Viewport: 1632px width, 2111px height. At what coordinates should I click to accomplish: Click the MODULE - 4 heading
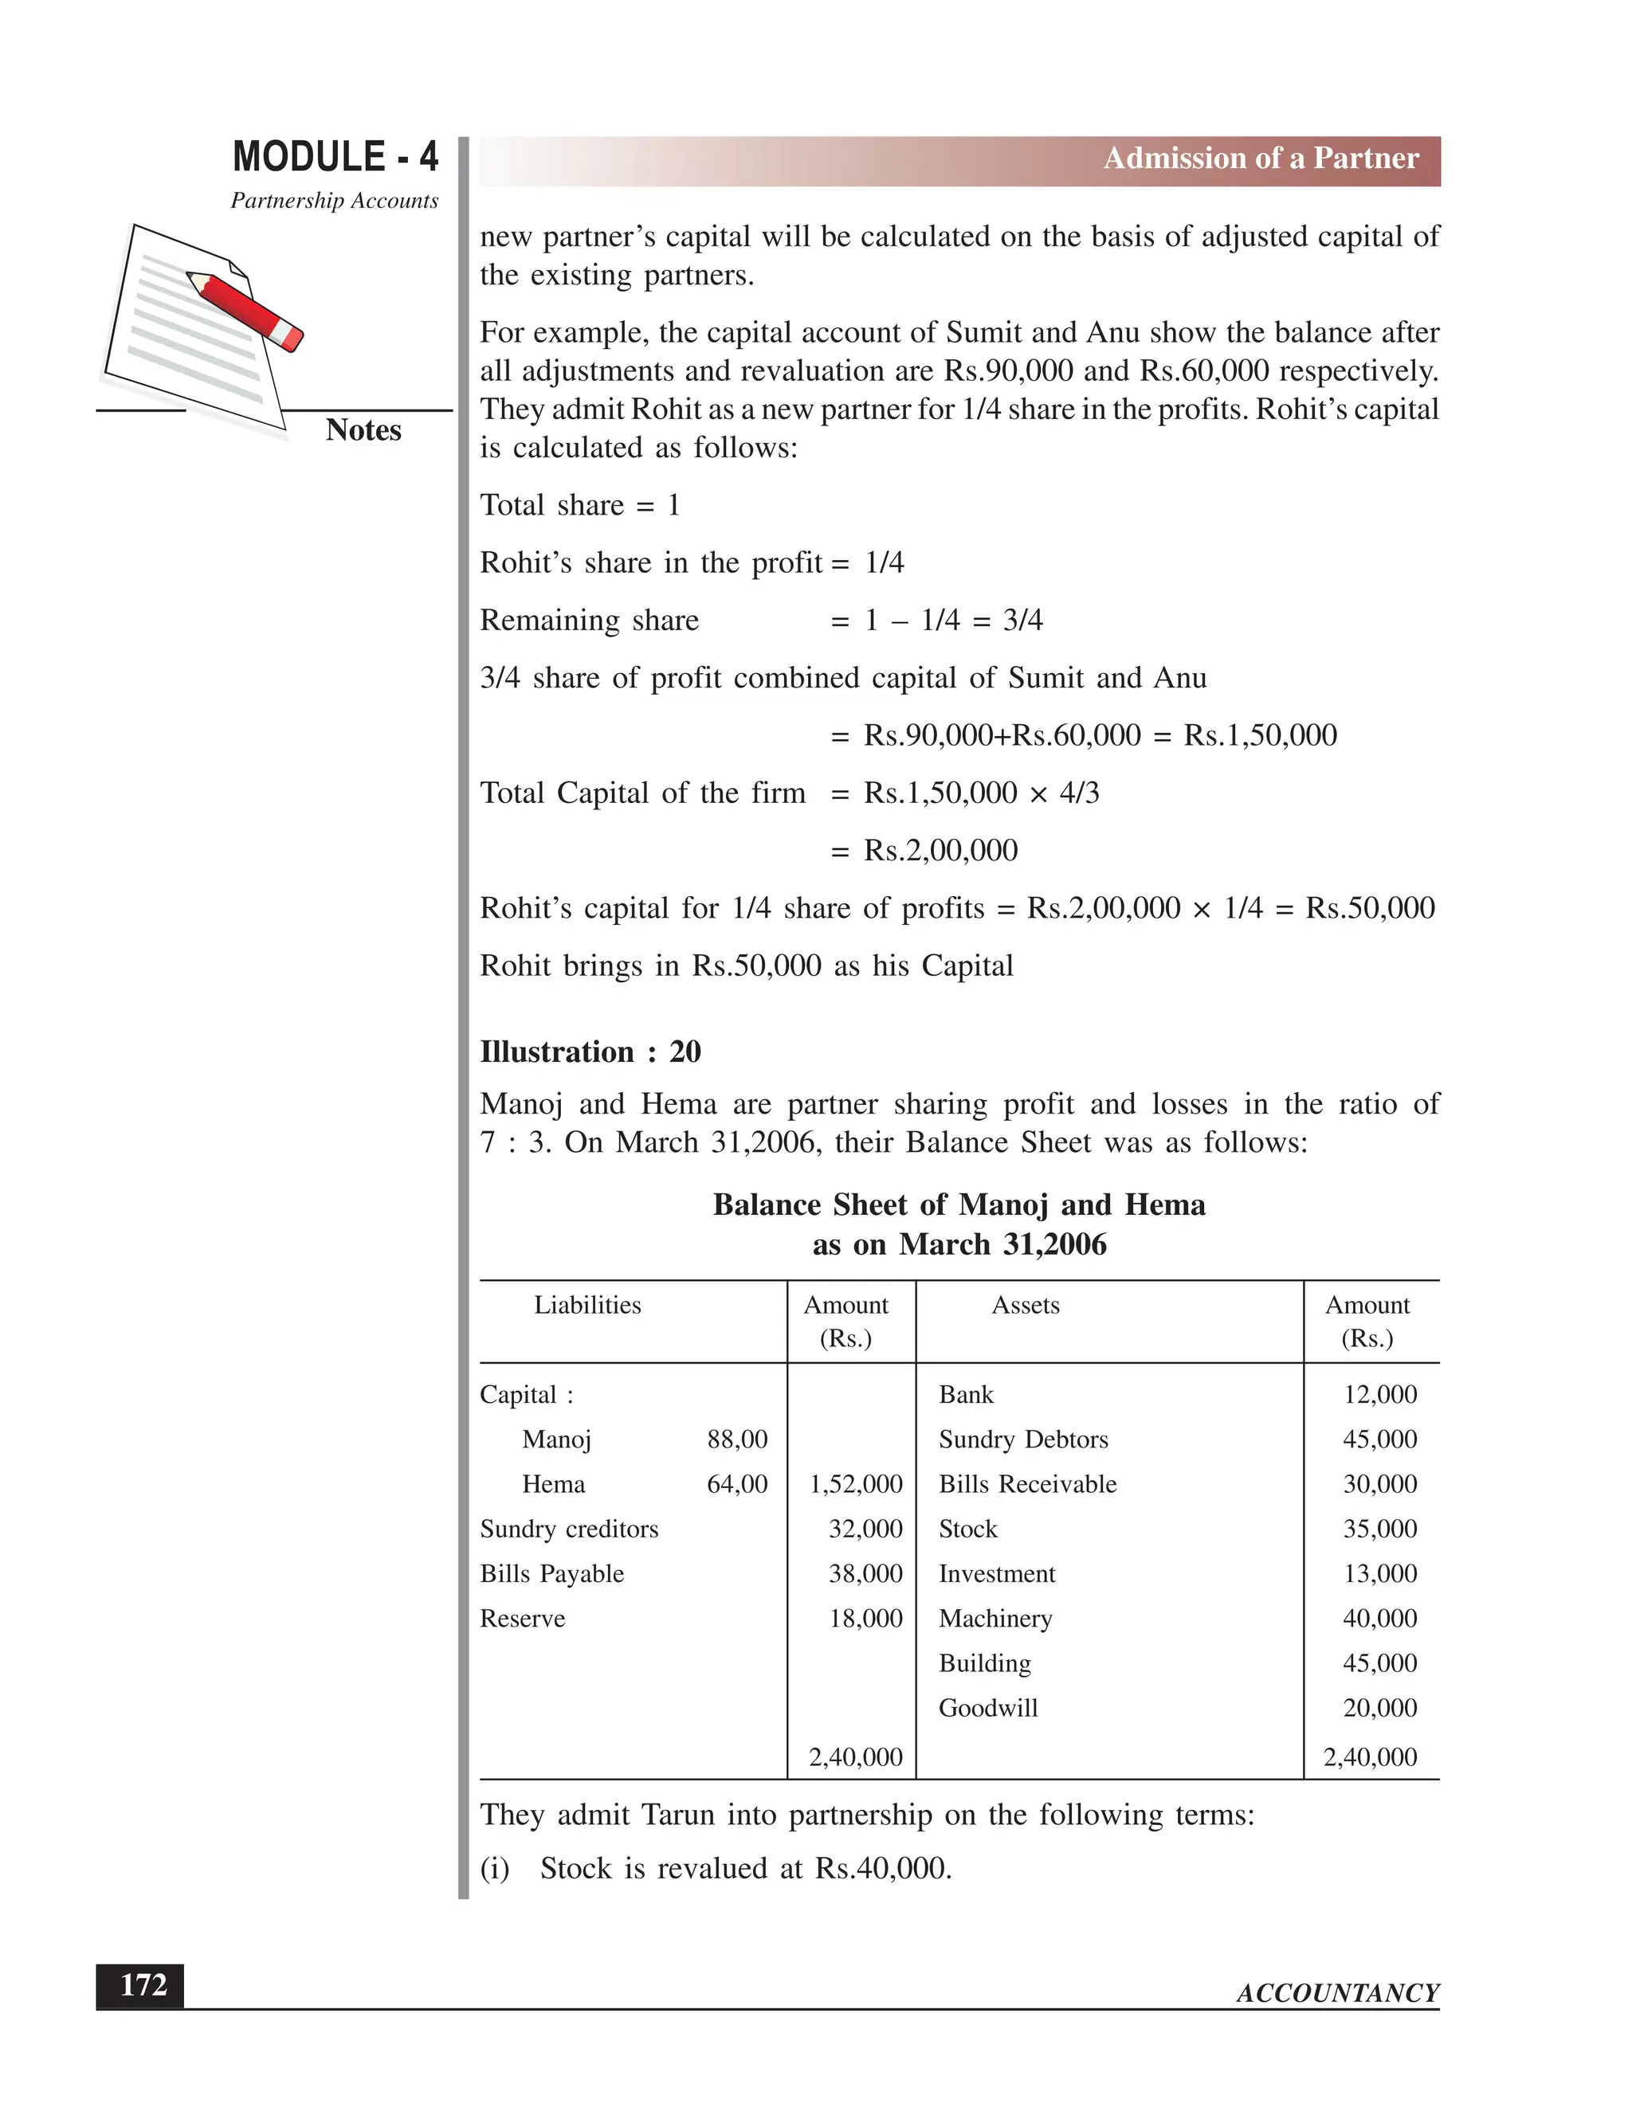335,157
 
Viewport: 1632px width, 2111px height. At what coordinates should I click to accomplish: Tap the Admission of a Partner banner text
1261,159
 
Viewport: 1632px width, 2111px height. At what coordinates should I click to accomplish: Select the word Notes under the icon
363,430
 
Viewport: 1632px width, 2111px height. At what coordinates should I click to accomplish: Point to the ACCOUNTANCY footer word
1337,1993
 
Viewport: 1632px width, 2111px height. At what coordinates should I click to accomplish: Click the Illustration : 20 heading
590,1052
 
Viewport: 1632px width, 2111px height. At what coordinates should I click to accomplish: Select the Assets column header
1025,1305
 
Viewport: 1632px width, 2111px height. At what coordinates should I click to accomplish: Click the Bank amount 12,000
1379,1394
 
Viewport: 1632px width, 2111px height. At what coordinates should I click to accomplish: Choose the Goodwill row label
987,1708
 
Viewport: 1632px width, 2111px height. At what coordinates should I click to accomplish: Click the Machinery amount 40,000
1379,1618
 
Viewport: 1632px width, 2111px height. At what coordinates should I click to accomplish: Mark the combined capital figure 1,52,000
856,1484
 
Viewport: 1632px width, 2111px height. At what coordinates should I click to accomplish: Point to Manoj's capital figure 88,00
737,1439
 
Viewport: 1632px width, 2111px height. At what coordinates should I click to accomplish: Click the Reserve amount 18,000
865,1618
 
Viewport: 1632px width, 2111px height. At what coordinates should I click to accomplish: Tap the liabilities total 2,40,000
856,1757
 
